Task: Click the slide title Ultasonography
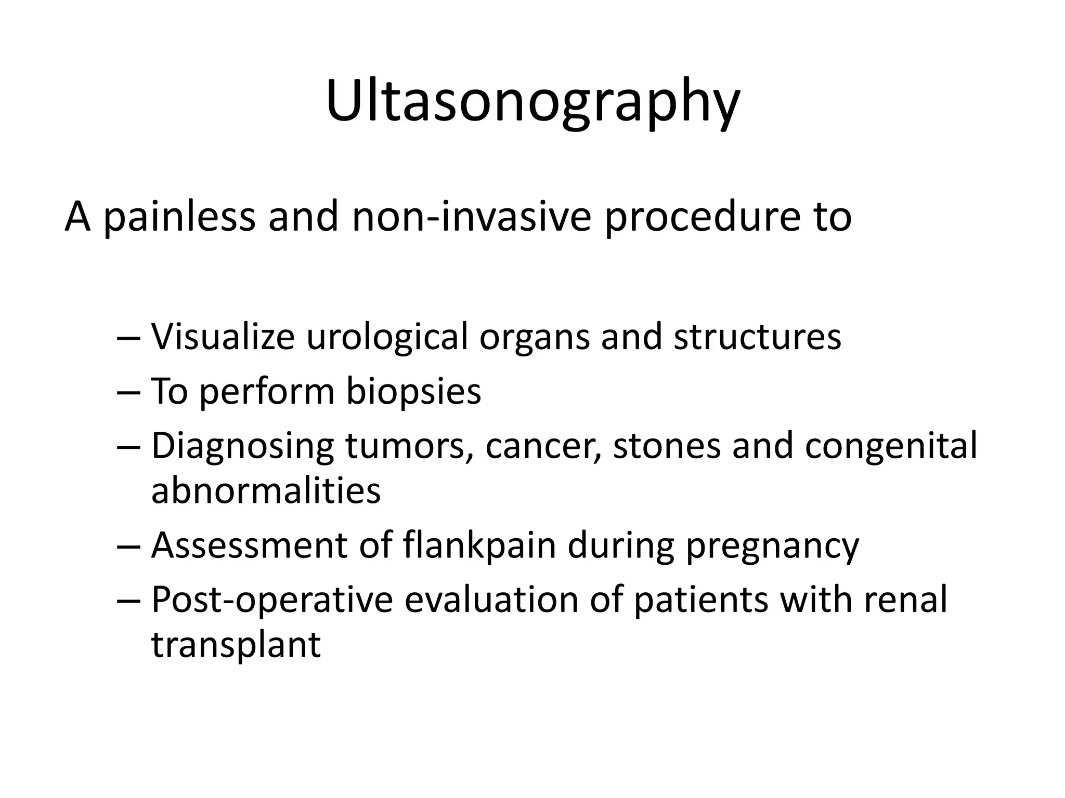(532, 101)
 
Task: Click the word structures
(757, 337)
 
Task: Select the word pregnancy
(772, 546)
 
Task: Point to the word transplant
(236, 645)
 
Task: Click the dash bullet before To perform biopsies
(128, 393)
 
